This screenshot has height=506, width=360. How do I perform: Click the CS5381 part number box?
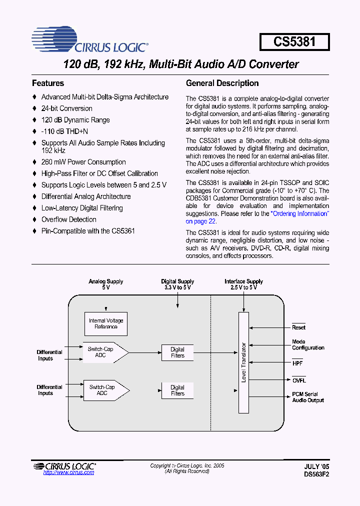(x=294, y=41)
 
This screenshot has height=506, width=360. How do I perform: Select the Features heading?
(x=48, y=83)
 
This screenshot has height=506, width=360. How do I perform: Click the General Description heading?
(x=222, y=83)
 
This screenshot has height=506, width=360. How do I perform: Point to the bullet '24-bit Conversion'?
(x=66, y=108)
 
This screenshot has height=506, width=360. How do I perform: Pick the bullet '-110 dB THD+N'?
(x=64, y=131)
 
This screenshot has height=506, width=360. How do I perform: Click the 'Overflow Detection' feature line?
(x=68, y=219)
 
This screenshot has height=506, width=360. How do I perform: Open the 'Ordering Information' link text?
(x=299, y=213)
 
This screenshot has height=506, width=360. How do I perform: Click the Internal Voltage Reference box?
(x=106, y=323)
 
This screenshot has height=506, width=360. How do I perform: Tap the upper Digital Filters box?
(x=177, y=352)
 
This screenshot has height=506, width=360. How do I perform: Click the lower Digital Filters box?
(x=177, y=390)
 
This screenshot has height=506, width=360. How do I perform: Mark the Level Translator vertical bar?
(x=243, y=362)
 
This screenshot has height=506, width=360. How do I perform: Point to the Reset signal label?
(x=298, y=327)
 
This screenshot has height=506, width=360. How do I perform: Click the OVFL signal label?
(x=299, y=380)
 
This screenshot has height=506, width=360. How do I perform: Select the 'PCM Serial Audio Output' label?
(x=307, y=397)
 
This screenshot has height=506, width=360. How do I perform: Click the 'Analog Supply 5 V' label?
(x=106, y=284)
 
